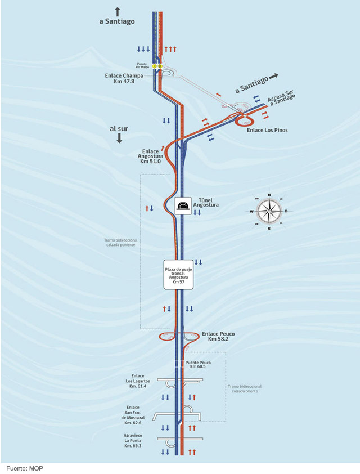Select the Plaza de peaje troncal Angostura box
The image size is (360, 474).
[179, 275]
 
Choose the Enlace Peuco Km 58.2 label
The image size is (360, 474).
[218, 337]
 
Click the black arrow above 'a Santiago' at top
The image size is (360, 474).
[118, 11]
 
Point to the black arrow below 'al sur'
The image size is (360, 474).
[119, 139]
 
